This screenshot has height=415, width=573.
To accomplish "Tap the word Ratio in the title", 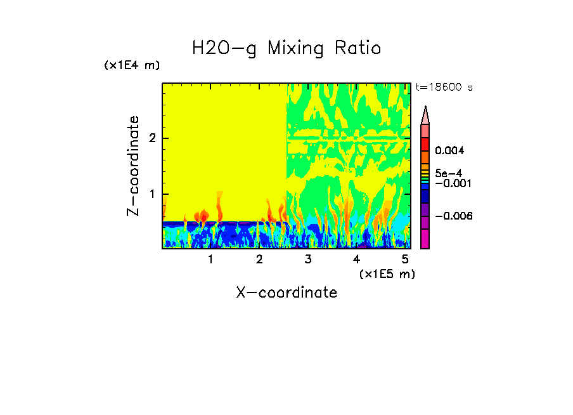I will point(359,49).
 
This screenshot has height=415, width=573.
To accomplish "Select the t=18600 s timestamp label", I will point(444,87).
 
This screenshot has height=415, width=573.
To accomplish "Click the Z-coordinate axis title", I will point(133,165).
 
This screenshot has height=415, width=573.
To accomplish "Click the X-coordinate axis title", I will point(286,293).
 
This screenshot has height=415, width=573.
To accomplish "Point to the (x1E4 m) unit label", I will point(132,65).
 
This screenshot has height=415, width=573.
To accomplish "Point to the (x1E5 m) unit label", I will point(387,273).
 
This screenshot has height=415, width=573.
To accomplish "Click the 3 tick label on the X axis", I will point(308,260).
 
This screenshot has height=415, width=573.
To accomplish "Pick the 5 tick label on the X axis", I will point(405,260).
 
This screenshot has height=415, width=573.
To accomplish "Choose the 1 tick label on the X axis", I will point(210,260).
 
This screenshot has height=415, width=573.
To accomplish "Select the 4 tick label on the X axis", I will point(356,260).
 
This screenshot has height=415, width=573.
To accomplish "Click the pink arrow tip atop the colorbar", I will point(425,115).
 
